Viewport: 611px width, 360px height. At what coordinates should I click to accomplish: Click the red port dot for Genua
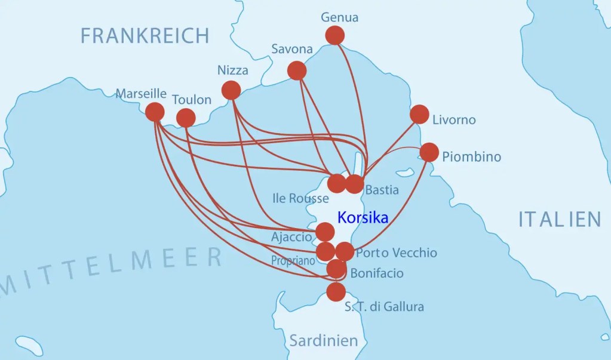click(x=335, y=35)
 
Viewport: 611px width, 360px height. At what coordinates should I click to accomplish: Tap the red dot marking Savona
click(x=297, y=70)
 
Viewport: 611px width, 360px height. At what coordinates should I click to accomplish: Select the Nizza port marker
click(x=231, y=90)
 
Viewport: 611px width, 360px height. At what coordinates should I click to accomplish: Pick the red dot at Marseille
click(x=155, y=112)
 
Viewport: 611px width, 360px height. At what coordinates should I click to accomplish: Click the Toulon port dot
click(x=186, y=118)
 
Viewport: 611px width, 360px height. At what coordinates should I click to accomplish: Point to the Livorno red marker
click(x=419, y=114)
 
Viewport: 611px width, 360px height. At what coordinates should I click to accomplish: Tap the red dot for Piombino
click(x=429, y=152)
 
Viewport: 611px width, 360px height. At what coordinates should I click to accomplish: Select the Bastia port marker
click(x=355, y=184)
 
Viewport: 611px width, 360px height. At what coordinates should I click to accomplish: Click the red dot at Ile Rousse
click(x=337, y=183)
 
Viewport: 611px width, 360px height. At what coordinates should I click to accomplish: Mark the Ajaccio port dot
click(x=325, y=232)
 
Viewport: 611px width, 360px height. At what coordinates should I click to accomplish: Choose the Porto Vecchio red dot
click(x=345, y=251)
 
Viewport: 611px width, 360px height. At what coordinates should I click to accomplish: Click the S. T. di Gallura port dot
click(x=336, y=292)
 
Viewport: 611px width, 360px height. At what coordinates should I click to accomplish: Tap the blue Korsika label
click(x=363, y=217)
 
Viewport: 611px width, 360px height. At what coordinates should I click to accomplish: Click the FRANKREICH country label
click(x=145, y=36)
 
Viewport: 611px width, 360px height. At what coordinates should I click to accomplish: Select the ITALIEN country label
click(x=559, y=219)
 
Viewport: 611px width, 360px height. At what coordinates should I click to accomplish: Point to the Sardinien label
click(x=324, y=341)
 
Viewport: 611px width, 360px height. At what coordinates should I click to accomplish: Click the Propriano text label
click(x=293, y=261)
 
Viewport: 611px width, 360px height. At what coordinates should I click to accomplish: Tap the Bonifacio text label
click(x=377, y=273)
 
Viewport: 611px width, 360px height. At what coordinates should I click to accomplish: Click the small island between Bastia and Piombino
click(x=405, y=173)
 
